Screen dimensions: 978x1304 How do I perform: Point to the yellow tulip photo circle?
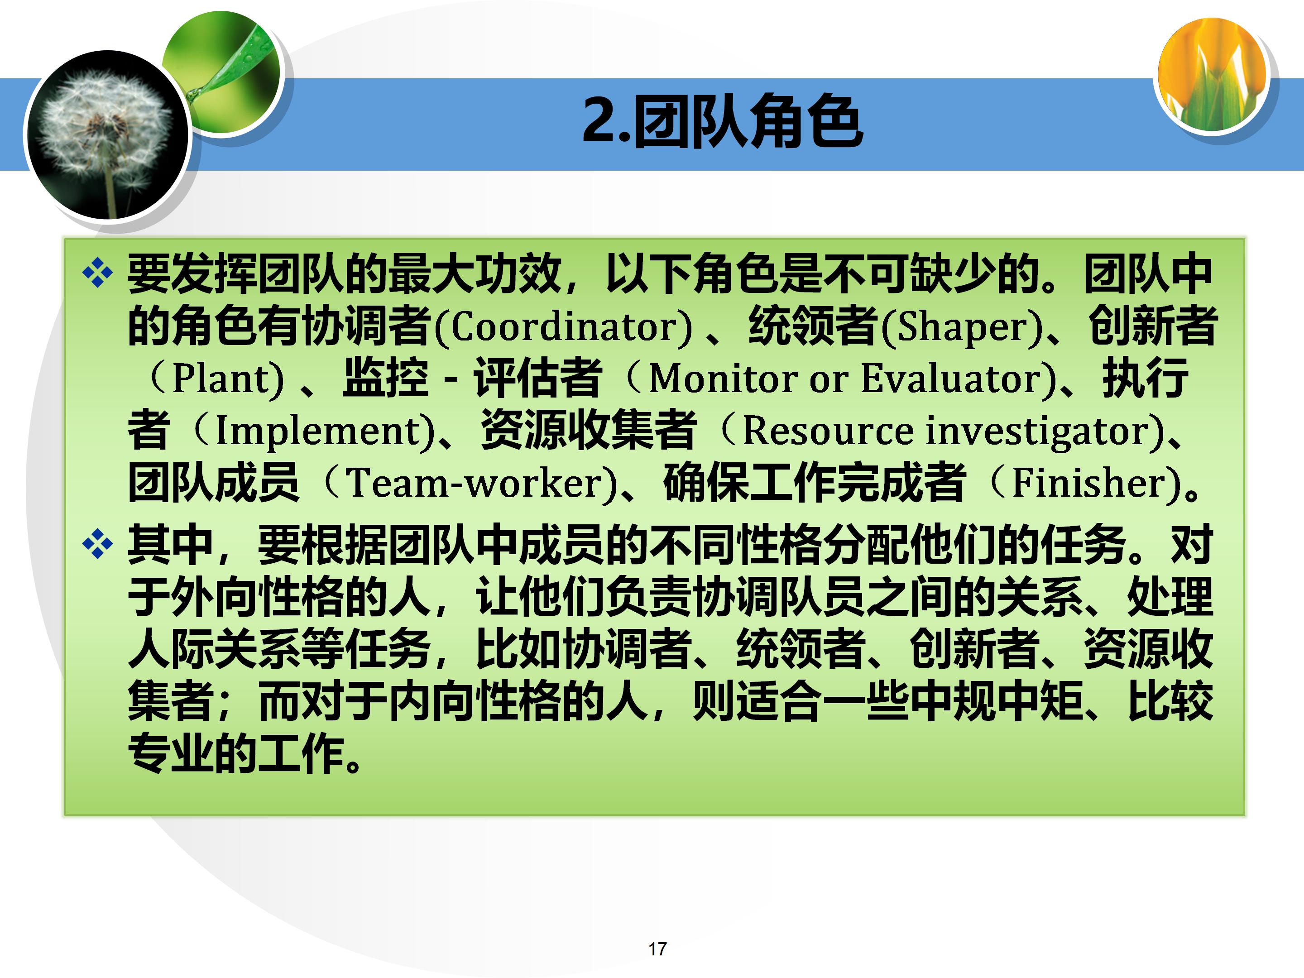pyautogui.click(x=1213, y=74)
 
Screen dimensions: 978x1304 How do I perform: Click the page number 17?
pyautogui.click(x=657, y=949)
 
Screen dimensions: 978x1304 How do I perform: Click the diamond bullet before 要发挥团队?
pyautogui.click(x=97, y=273)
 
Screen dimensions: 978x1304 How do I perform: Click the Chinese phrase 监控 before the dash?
pyautogui.click(x=386, y=378)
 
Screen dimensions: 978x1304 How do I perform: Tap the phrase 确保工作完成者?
pyautogui.click(x=814, y=482)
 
